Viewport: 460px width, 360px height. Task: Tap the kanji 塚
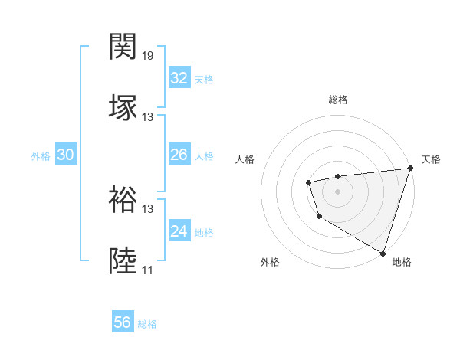coord(123,108)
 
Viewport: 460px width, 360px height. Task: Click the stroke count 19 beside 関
coord(148,56)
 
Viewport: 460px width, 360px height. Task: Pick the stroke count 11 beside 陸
coord(147,270)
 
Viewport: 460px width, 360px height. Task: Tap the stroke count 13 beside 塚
coord(148,117)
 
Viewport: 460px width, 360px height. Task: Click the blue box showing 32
coord(179,78)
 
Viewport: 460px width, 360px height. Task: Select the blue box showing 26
coord(179,155)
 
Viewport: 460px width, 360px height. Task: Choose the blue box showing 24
coord(179,231)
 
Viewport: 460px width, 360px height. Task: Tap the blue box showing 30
coord(66,155)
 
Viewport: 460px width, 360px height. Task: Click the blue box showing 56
coord(123,322)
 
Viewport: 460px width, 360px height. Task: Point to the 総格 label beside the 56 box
coord(147,324)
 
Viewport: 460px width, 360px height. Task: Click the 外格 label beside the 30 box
coord(41,156)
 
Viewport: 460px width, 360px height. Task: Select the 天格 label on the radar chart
coord(431,159)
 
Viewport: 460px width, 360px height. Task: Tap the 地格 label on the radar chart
coord(402,262)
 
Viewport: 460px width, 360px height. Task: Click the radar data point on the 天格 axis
coord(410,169)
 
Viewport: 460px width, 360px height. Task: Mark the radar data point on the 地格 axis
coord(383,253)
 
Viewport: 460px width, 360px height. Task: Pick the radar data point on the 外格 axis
coord(319,217)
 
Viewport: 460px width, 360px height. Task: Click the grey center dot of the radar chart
coord(337,191)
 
